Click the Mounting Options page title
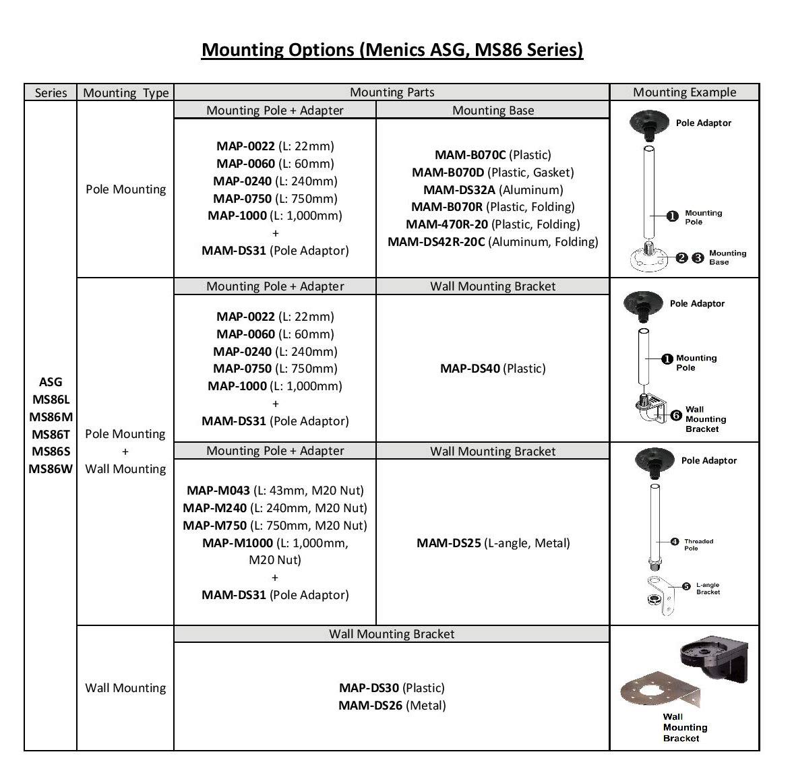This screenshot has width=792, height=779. coord(392,50)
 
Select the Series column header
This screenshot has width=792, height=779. coord(51,93)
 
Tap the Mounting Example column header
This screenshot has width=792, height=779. coord(684,92)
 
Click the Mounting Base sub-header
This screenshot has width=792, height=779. coord(493,111)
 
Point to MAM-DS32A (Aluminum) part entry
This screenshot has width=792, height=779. coord(493,190)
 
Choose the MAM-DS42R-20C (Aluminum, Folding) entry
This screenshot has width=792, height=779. coord(493,242)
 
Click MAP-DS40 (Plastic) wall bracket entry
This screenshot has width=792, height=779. coord(493,369)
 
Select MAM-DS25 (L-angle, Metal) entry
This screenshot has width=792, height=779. coord(493,543)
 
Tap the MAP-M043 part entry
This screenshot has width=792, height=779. coord(275,491)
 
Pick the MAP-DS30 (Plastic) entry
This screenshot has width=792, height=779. coord(392,688)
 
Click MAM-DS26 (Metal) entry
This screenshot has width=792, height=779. coord(392,706)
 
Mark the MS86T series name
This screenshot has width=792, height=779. coord(51,434)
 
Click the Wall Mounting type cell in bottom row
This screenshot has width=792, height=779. coord(125,688)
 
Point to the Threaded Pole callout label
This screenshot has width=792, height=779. coord(698,544)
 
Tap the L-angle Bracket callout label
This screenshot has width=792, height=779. coord(708,588)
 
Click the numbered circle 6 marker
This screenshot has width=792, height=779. coord(675,416)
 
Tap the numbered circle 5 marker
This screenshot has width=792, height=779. coord(686,586)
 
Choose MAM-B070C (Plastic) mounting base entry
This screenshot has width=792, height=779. coord(493,155)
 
